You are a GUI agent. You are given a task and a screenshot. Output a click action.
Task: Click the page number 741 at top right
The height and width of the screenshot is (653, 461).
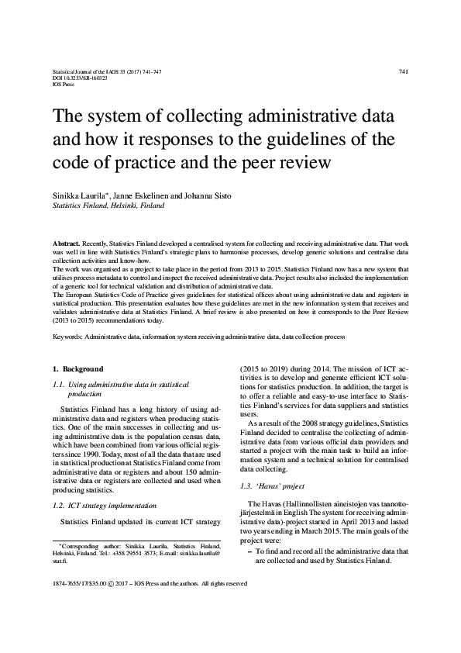(x=403, y=71)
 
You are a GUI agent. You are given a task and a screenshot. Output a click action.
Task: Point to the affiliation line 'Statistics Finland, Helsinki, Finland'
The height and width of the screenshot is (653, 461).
(x=108, y=207)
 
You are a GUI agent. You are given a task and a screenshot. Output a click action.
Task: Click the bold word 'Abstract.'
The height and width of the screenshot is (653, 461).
(x=66, y=243)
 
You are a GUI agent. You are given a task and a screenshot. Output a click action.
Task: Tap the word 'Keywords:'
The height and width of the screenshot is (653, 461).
(x=67, y=337)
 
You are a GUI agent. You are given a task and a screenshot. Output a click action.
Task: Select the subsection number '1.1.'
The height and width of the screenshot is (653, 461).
(x=59, y=385)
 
